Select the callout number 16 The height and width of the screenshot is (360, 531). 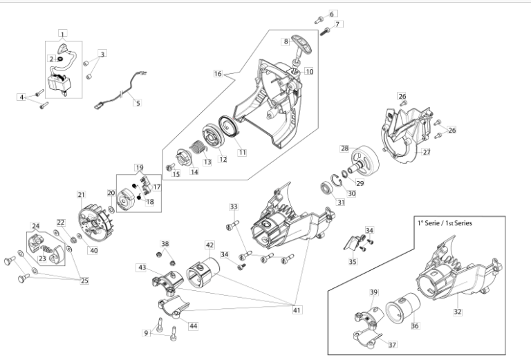(x=218, y=73)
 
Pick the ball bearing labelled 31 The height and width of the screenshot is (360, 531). (x=328, y=188)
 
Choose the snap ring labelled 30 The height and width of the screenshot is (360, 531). (x=337, y=180)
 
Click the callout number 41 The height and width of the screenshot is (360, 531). (x=297, y=310)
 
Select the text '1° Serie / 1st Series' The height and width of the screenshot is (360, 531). (x=445, y=223)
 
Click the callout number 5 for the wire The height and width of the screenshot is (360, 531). (x=138, y=103)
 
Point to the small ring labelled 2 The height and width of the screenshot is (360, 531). (x=60, y=59)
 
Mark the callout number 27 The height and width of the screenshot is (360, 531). (x=427, y=152)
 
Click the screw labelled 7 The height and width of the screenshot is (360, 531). (x=325, y=32)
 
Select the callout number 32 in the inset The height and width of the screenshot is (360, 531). (x=457, y=312)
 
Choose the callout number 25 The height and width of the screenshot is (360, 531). (x=84, y=281)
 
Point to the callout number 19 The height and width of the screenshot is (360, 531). (x=139, y=167)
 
